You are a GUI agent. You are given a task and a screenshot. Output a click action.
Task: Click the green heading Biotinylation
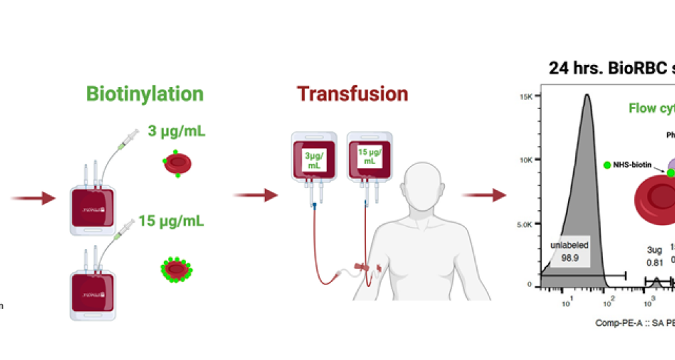144,94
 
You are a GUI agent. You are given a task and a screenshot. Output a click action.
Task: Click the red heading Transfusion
353,94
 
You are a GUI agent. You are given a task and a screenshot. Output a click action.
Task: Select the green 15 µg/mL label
171,220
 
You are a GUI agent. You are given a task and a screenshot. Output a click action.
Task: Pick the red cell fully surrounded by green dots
176,270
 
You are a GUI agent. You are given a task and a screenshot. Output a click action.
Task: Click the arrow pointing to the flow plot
484,195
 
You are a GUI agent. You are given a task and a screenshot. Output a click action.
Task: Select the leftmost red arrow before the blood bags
33,198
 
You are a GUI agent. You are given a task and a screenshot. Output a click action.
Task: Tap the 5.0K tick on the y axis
526,223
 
